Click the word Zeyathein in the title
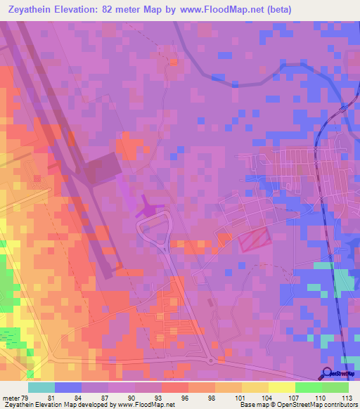35,10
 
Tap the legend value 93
166,398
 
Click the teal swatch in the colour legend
41,387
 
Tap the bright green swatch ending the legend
335,387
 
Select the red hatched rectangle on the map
255,241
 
